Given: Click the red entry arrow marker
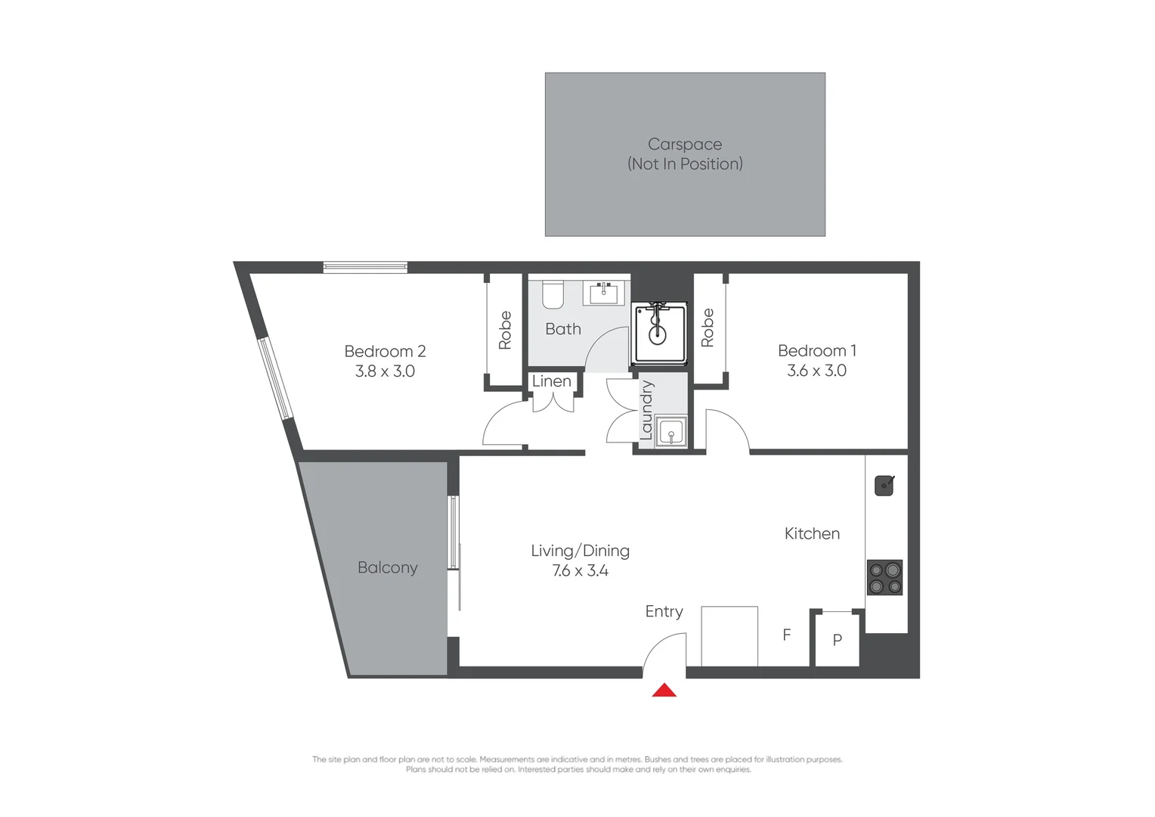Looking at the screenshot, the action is pos(664,690).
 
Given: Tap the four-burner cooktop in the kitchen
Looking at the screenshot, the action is pos(884,577).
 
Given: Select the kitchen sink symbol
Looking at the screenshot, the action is pos(884,486).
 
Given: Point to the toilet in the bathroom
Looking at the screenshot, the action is pos(553,295).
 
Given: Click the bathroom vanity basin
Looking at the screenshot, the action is pos(603,293).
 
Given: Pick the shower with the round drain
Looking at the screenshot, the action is pos(659,334).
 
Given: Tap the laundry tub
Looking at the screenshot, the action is pos(670,431).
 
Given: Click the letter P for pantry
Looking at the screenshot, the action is pos(838,640).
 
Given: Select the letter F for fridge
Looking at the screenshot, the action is pos(786,634).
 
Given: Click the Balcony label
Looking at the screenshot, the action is pos(388,567).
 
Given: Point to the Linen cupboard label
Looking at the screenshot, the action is pos(552,381).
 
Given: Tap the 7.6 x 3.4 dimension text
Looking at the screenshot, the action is pos(580,570).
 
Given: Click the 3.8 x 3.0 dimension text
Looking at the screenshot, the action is pos(385,371).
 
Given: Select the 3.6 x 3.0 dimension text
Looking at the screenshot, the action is pos(817,370).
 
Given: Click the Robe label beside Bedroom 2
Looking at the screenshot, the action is pos(505,331).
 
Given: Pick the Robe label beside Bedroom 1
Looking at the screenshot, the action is pos(708,328).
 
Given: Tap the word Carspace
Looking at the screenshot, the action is pos(685,144).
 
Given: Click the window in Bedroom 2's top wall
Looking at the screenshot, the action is pos(365,267).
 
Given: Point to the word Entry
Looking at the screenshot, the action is pos(664,611).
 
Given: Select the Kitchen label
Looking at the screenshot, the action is pos(812,533).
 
